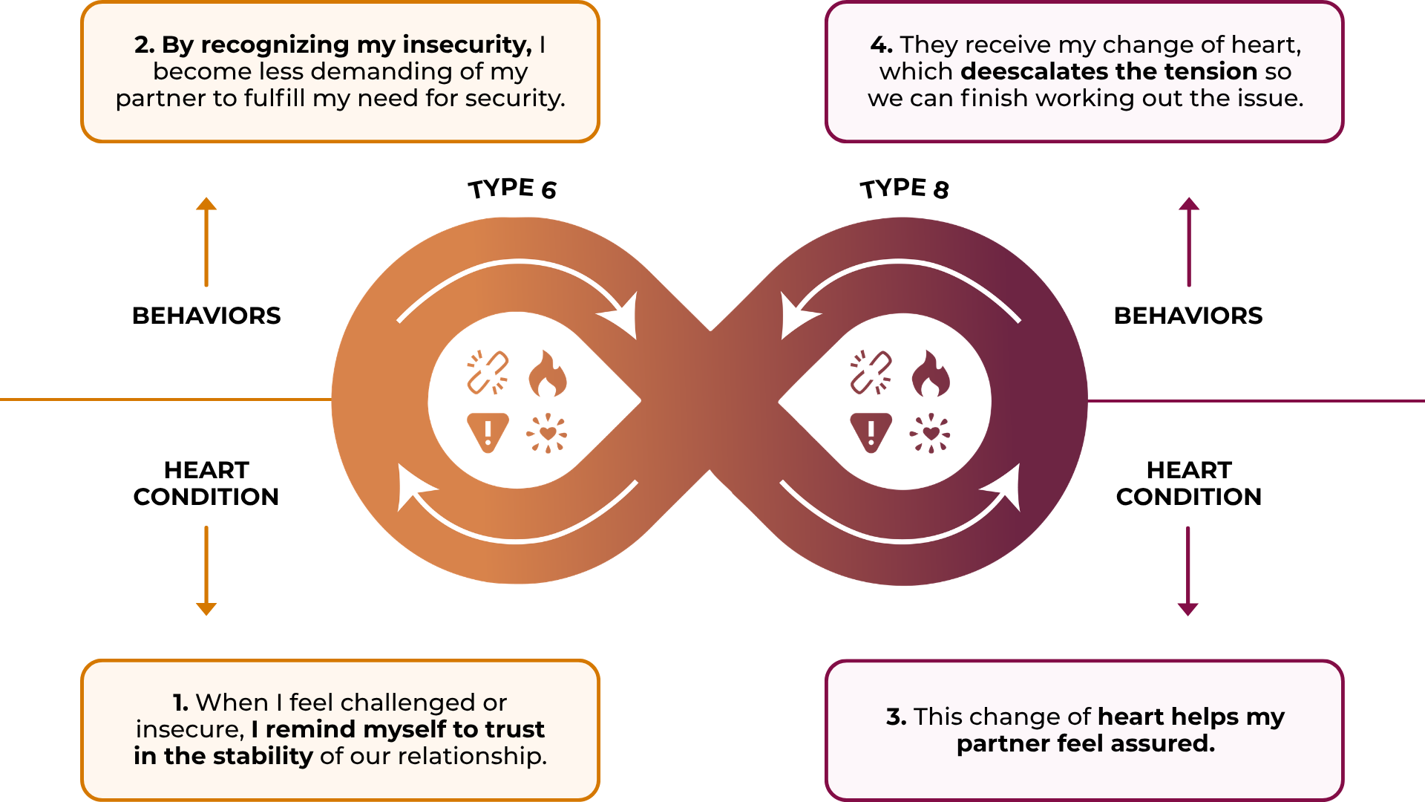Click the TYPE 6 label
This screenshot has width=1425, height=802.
[x=512, y=189]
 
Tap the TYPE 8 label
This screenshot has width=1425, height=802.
[x=904, y=189]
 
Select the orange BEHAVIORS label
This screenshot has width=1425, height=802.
[x=206, y=316]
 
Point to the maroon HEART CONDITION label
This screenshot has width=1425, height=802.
[x=1189, y=483]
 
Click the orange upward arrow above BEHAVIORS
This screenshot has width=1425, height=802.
[x=206, y=242]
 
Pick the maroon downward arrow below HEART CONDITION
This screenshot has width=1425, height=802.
[x=1188, y=571]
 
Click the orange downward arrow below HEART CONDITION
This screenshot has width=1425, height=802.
[x=206, y=571]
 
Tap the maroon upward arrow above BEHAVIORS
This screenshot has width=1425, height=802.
[x=1189, y=242]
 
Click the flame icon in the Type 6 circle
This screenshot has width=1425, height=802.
[x=548, y=374]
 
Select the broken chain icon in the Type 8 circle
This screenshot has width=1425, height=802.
[x=871, y=372]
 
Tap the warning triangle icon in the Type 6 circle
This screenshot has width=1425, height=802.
[x=488, y=433]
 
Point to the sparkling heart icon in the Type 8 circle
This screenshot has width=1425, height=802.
[x=930, y=434]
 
